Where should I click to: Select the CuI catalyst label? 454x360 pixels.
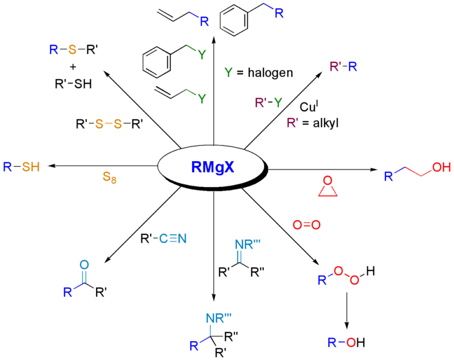click(310, 105)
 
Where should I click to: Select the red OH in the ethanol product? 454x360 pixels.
click(441, 167)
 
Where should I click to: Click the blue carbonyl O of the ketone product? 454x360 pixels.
click(83, 265)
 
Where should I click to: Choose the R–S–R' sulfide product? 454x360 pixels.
click(70, 49)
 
